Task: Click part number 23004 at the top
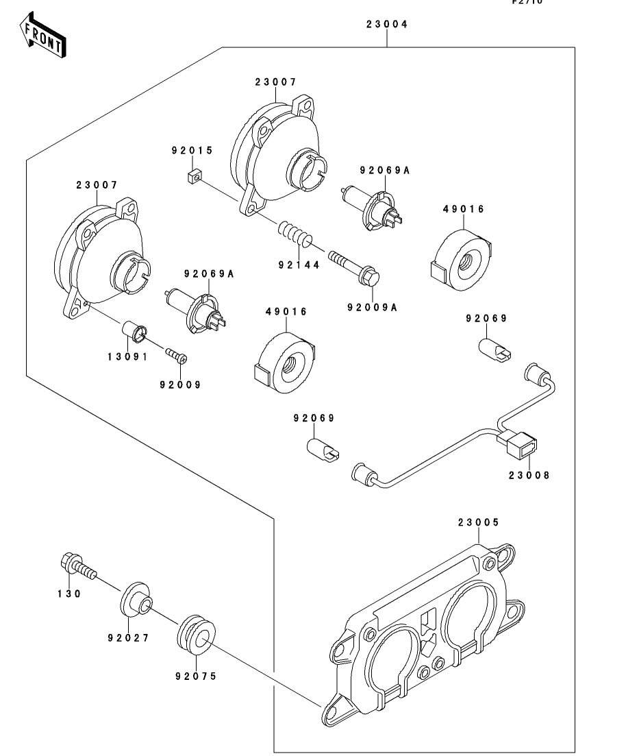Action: (x=386, y=24)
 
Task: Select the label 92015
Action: (x=192, y=149)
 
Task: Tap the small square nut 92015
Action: (x=193, y=177)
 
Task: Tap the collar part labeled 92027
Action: (x=136, y=598)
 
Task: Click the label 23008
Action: (x=529, y=474)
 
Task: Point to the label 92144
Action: (x=299, y=265)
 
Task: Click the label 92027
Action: (x=128, y=637)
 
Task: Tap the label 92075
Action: (x=195, y=676)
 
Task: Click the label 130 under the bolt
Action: (x=69, y=594)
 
